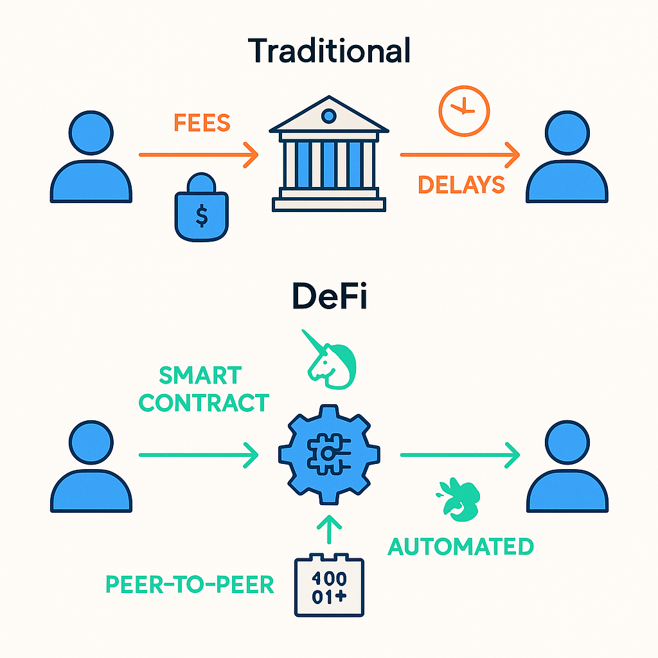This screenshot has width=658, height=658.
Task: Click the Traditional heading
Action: tap(328, 51)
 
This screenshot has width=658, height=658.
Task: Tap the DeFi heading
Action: tap(329, 297)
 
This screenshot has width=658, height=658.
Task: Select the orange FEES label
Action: tap(202, 123)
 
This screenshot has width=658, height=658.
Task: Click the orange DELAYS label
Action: tap(461, 185)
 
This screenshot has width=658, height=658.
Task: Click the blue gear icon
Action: tap(328, 454)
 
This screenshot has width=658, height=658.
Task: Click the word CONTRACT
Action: tap(204, 403)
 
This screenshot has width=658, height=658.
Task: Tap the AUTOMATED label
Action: tap(460, 547)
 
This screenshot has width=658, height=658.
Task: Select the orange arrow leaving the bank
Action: tap(459, 154)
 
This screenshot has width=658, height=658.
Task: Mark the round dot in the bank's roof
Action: tap(328, 116)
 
